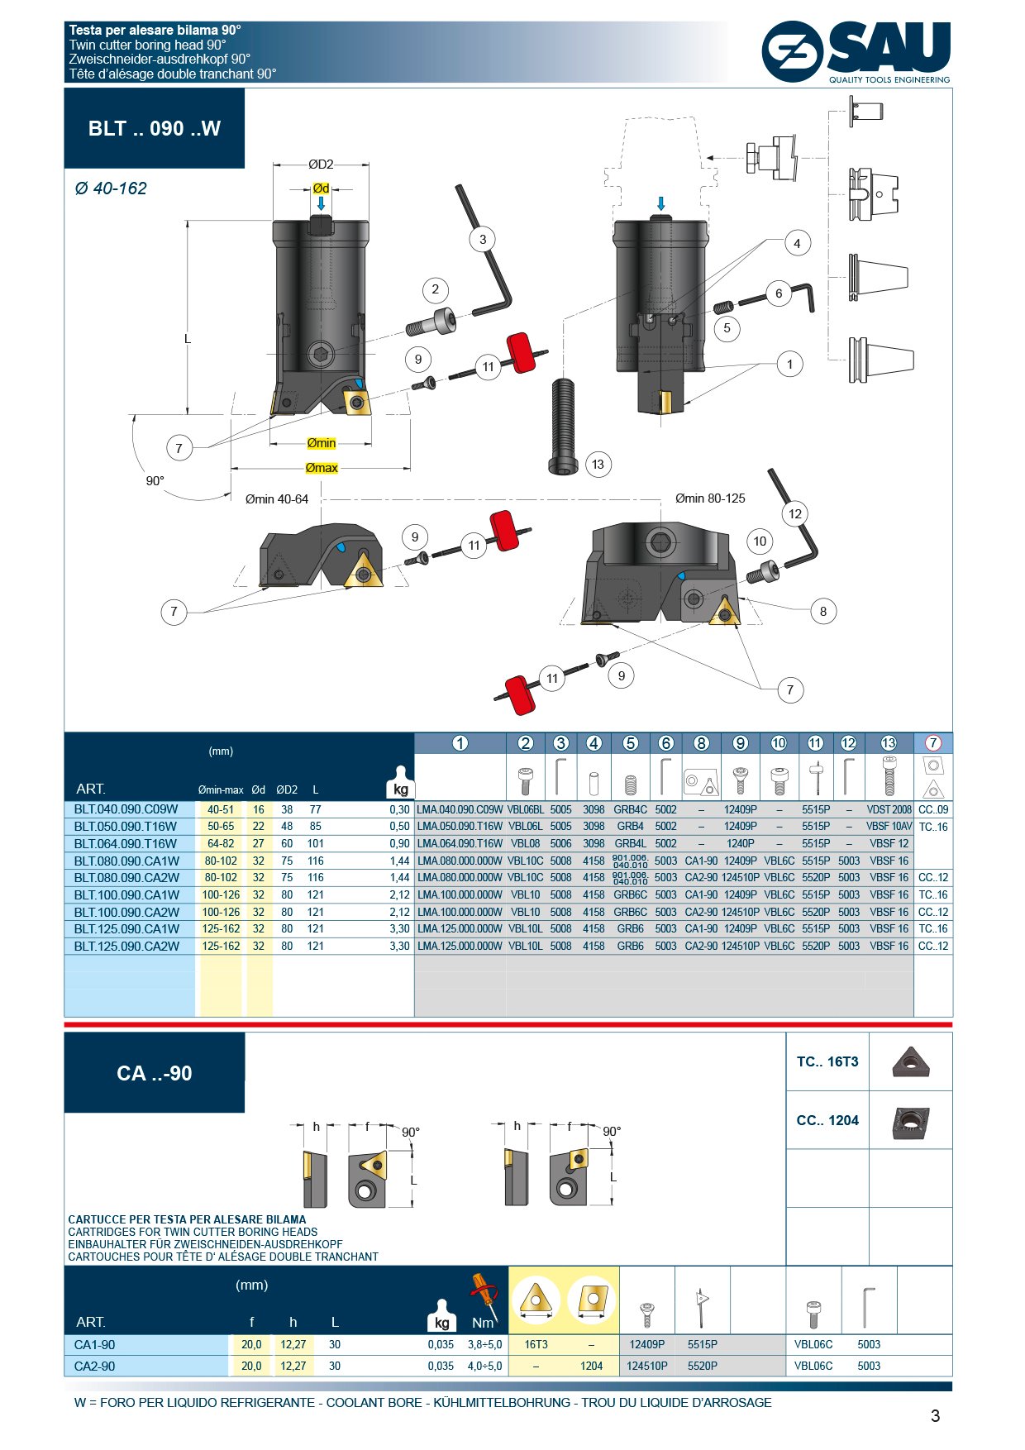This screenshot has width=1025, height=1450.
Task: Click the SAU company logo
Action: pyautogui.click(x=856, y=52)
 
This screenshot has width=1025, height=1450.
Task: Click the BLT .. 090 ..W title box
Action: pyautogui.click(x=155, y=128)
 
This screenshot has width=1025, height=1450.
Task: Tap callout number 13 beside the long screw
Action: pyautogui.click(x=598, y=465)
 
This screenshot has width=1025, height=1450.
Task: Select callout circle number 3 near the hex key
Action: pyautogui.click(x=483, y=240)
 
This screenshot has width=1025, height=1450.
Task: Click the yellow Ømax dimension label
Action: pyautogui.click(x=322, y=468)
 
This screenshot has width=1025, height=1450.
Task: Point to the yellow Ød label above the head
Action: pyautogui.click(x=321, y=188)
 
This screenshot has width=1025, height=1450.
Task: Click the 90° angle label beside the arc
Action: pyautogui.click(x=155, y=481)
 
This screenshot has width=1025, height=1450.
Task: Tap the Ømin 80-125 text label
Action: pyautogui.click(x=709, y=498)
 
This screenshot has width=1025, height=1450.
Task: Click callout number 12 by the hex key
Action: pyautogui.click(x=794, y=513)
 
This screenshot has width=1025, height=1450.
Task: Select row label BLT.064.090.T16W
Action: pyautogui.click(x=126, y=843)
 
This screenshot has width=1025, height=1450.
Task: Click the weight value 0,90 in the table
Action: pyautogui.click(x=399, y=843)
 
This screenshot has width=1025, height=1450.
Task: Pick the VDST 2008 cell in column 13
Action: pyautogui.click(x=889, y=809)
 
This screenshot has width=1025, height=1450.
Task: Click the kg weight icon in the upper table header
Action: pyautogui.click(x=401, y=787)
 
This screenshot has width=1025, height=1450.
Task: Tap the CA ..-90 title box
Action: pyautogui.click(x=155, y=1073)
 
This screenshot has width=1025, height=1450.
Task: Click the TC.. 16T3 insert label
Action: pyautogui.click(x=827, y=1061)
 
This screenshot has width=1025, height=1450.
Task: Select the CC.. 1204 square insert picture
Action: pyautogui.click(x=910, y=1123)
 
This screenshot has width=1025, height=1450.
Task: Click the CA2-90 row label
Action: pyautogui.click(x=95, y=1366)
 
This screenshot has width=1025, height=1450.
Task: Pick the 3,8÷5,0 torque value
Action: pyautogui.click(x=484, y=1344)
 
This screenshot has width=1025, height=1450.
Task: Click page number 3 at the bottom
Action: pyautogui.click(x=935, y=1416)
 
